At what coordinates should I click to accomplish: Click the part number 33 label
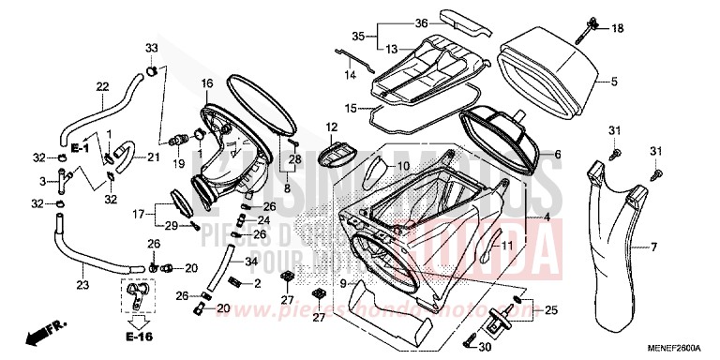151,48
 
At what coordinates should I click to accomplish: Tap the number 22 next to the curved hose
102,86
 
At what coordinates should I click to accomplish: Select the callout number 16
207,84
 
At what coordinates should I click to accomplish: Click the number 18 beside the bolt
617,30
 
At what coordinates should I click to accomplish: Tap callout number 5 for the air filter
614,82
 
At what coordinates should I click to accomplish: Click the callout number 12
331,127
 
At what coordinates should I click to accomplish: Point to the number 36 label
395,22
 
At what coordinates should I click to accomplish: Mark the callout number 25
550,309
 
